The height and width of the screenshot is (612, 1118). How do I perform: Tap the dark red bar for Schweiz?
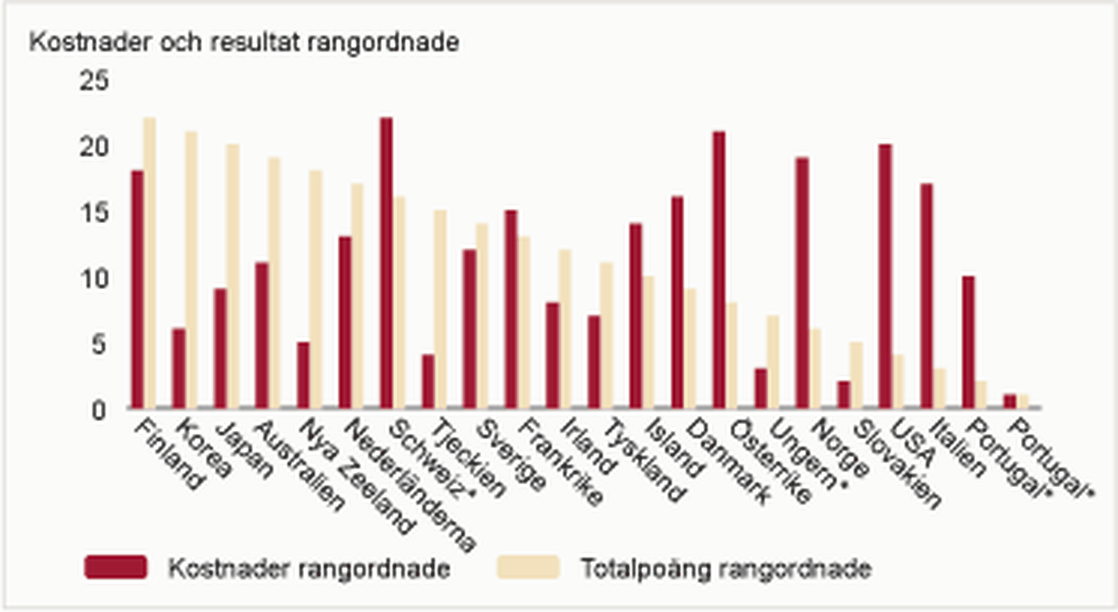386,262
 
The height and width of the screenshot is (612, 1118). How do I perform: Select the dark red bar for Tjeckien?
428,381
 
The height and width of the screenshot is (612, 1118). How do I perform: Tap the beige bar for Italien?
939,388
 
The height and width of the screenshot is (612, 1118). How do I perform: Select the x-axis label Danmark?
728,460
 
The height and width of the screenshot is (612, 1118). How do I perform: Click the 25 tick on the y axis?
94,80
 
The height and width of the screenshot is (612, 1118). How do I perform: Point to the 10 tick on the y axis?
94,279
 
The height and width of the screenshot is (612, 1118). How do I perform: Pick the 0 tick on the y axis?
99,411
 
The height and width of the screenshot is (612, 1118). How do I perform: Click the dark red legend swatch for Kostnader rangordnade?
115,567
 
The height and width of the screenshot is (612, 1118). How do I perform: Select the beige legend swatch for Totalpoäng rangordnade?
528,567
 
